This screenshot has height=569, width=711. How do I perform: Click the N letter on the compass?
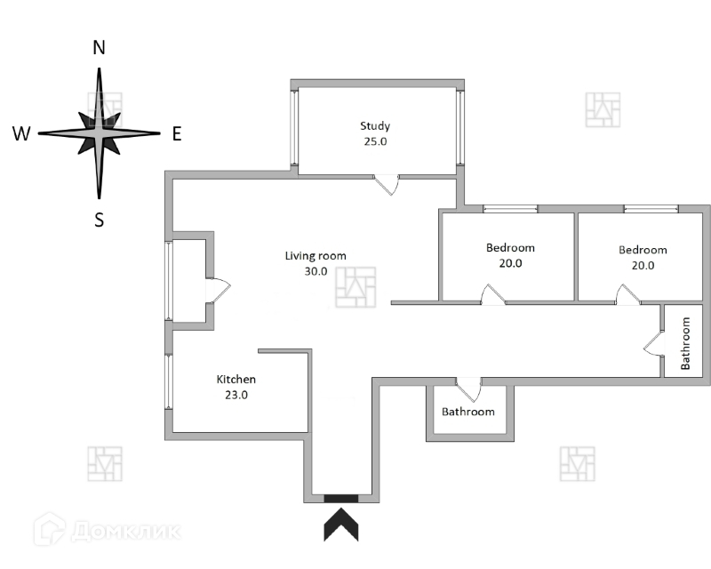(100, 48)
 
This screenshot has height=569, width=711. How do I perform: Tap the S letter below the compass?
(100, 220)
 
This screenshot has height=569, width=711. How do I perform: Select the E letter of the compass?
(176, 134)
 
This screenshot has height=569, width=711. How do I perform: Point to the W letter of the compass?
(22, 134)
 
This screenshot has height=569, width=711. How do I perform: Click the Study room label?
(375, 126)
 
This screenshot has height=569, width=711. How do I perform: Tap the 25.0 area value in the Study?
(375, 141)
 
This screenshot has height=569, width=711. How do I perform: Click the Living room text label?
(316, 256)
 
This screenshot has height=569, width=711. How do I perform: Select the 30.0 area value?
(316, 272)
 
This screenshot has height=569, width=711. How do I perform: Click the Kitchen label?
(236, 380)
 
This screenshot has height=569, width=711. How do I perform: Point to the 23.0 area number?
(236, 396)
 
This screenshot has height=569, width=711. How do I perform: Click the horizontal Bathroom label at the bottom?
(468, 412)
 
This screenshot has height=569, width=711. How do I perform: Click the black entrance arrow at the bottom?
(341, 524)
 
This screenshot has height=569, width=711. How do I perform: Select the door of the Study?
(387, 183)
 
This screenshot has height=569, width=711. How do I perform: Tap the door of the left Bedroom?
(491, 295)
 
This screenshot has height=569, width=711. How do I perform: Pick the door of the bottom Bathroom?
(468, 389)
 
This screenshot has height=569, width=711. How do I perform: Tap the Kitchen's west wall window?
(167, 382)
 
